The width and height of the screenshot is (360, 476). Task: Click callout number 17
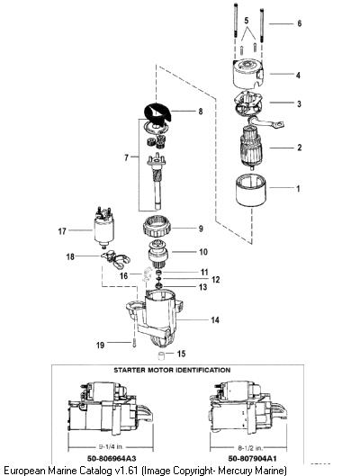62,231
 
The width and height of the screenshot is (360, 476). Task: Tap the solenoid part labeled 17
103,226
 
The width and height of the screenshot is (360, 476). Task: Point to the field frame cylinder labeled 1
251,190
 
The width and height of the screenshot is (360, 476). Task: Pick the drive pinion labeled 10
157,254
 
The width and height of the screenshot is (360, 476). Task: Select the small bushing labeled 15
162,355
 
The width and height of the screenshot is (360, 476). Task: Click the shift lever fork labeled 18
115,259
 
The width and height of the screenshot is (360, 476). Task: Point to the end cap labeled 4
247,74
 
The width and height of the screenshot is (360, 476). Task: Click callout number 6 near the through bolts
300,23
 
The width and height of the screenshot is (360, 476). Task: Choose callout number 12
215,279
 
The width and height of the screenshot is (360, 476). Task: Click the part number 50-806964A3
112,458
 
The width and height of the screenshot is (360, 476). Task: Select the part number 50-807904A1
252,458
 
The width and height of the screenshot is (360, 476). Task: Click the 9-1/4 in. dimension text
112,447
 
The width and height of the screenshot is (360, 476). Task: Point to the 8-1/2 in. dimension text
251,447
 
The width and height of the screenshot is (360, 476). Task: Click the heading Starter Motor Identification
172,370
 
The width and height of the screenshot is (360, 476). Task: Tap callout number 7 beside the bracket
126,157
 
